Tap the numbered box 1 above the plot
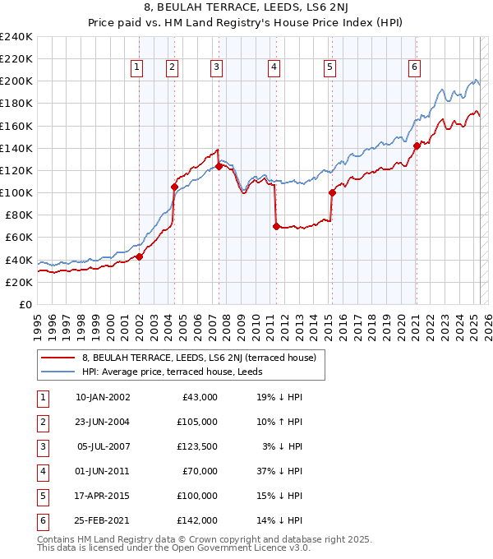136,67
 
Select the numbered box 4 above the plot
273,67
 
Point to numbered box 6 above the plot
414,67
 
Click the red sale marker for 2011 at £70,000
276,226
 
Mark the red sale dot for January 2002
140,256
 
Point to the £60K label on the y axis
19,237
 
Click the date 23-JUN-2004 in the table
103,421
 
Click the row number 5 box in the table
42,496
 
